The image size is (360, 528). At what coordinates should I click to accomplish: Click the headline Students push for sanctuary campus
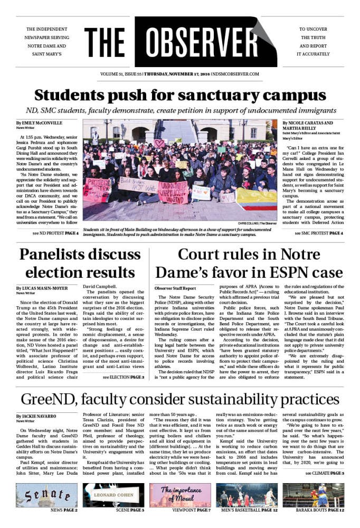179,96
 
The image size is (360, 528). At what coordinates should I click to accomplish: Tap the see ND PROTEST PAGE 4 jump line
55,233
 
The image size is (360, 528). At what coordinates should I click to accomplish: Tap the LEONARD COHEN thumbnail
113,495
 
